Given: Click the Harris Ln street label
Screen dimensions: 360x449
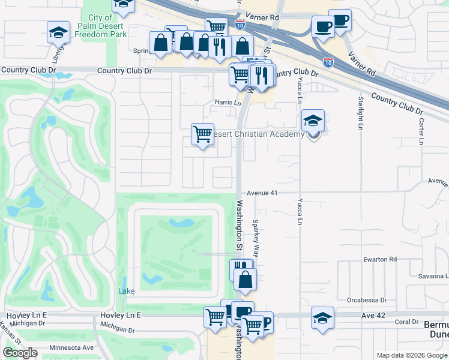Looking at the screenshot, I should click(228, 103).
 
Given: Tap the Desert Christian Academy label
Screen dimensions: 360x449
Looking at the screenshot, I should click(259, 134).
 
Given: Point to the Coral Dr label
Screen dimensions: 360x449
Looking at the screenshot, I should click(408, 322).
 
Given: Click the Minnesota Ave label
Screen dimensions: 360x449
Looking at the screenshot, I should click(71, 347).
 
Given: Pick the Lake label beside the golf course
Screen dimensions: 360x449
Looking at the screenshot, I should click(127, 291).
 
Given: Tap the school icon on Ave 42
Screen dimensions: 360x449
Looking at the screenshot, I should click(322, 318).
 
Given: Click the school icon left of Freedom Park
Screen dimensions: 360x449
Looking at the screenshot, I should click(58, 32).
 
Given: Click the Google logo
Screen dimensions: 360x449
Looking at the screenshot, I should click(20, 353).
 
